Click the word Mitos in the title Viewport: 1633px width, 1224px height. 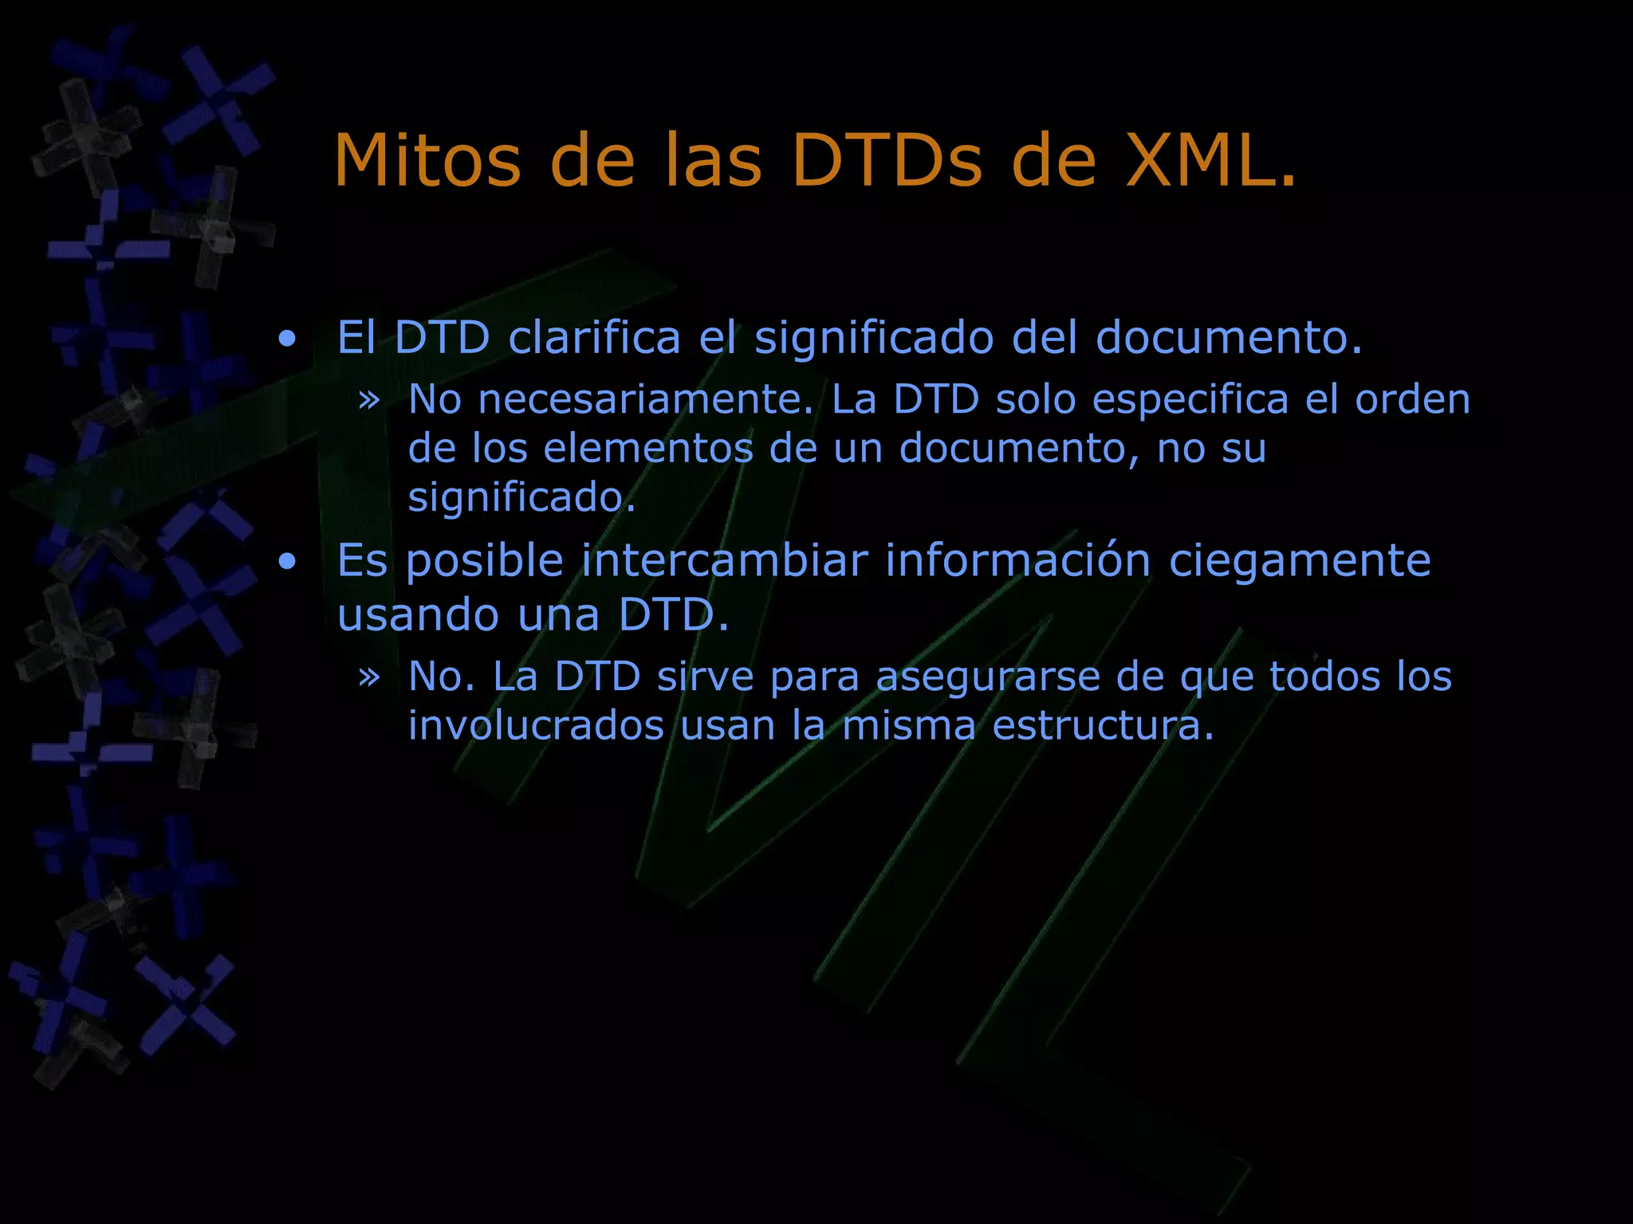427,161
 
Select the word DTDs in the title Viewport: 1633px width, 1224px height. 887,161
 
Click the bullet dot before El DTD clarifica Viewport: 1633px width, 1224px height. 287,339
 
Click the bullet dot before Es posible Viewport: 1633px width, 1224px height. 287,563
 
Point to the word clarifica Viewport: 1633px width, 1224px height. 594,337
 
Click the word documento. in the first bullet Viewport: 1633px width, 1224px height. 1228,337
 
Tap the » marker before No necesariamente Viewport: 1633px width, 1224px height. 368,398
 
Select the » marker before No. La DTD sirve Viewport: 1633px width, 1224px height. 368,677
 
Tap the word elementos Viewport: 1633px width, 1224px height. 648,448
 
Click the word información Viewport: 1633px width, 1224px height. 1018,560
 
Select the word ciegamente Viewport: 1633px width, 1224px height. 1300,560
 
